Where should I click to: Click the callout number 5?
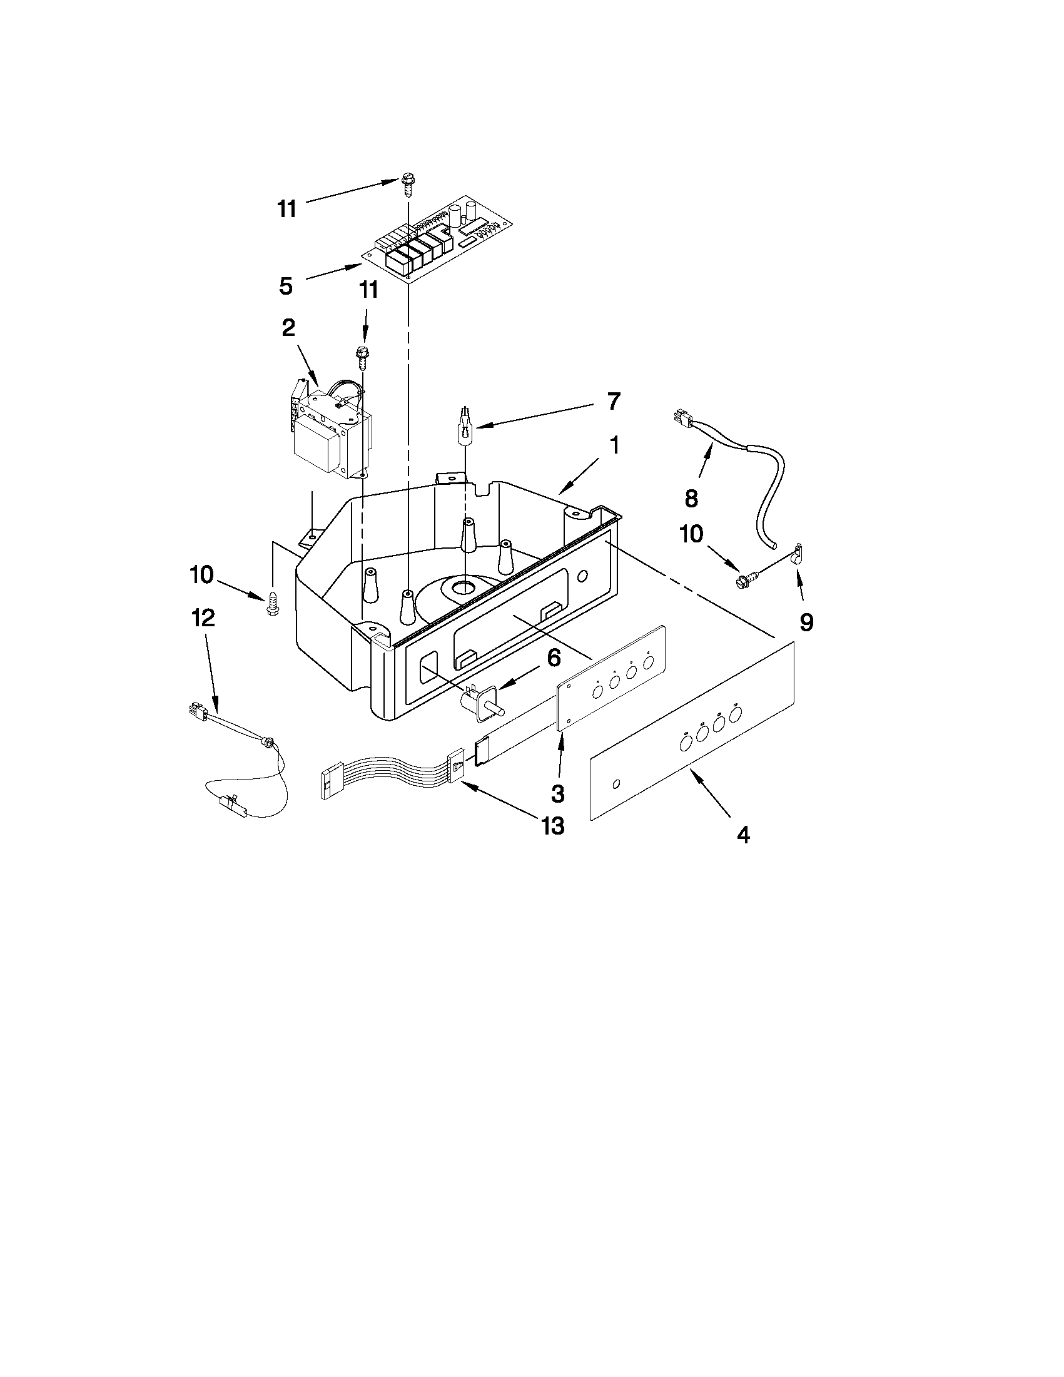(x=285, y=287)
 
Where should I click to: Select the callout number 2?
(x=288, y=328)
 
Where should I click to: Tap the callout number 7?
(x=612, y=401)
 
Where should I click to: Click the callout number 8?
(x=691, y=499)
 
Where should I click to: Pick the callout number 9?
(x=806, y=622)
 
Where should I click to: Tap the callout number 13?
(x=552, y=825)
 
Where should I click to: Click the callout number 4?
(x=744, y=835)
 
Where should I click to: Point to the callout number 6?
(x=553, y=658)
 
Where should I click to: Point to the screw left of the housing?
(x=272, y=603)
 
